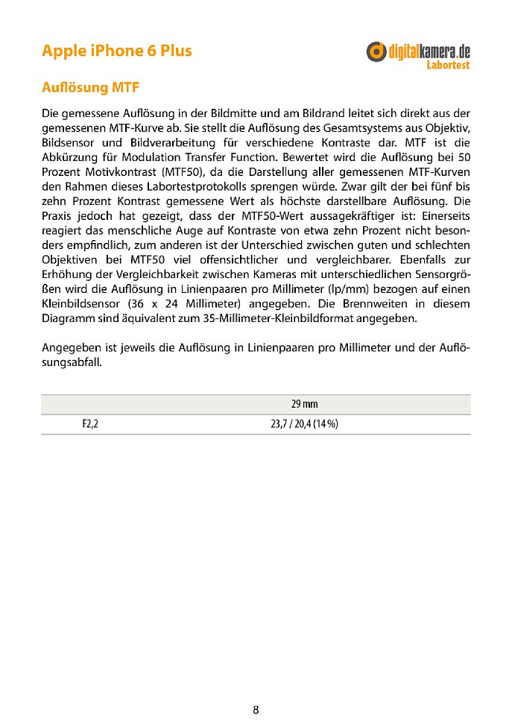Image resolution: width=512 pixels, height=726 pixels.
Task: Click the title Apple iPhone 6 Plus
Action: [x=116, y=51]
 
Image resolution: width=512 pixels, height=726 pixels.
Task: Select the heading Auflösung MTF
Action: [x=90, y=89]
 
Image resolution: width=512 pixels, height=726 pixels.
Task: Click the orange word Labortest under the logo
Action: [x=448, y=65]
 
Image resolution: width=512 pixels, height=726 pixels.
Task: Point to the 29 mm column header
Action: [x=304, y=404]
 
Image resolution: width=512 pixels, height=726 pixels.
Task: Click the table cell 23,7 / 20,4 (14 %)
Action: [x=304, y=425]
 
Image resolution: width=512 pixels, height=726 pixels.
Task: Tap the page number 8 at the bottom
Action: [x=256, y=710]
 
